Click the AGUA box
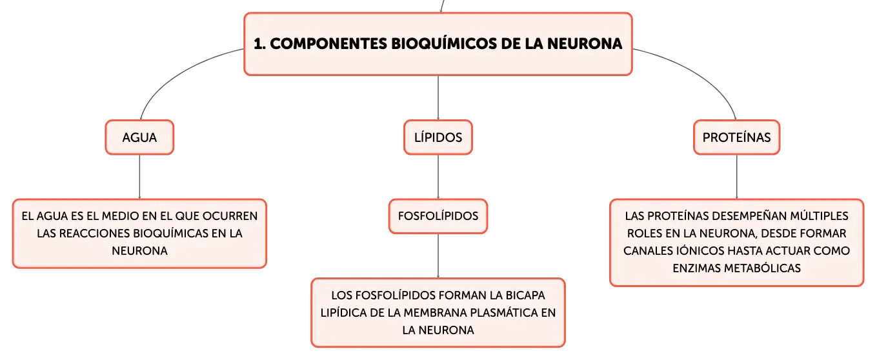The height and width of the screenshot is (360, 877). pyautogui.click(x=139, y=137)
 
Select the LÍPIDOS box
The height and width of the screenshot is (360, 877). pyautogui.click(x=438, y=137)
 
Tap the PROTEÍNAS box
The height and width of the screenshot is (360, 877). pyautogui.click(x=736, y=137)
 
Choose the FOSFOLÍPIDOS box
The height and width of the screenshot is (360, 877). pyautogui.click(x=438, y=216)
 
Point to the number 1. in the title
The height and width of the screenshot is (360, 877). pyautogui.click(x=259, y=44)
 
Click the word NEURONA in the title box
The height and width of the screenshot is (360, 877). pyautogui.click(x=585, y=44)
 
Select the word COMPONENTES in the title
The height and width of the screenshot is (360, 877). pyautogui.click(x=328, y=44)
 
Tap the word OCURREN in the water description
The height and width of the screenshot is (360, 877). pyautogui.click(x=230, y=216)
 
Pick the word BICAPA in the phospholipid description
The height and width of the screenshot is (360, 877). pyautogui.click(x=525, y=295)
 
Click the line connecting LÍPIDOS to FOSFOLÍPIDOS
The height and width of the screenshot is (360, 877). pyautogui.click(x=438, y=177)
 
